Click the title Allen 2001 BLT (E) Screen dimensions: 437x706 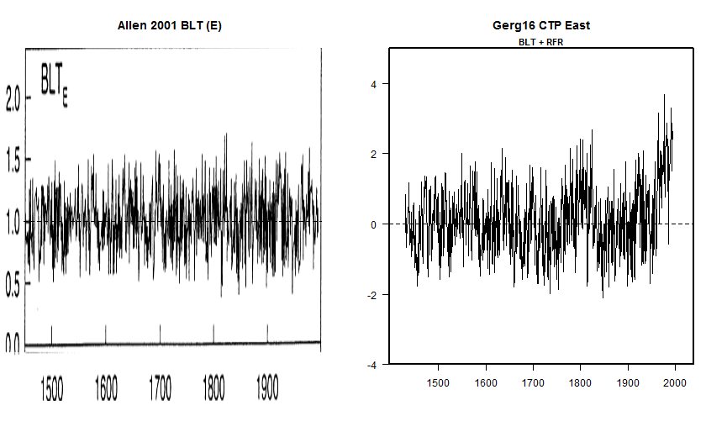point(169,26)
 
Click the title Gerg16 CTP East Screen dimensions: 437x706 point(541,25)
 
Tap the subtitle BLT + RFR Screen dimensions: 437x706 point(541,40)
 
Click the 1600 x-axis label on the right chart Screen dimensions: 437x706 point(485,383)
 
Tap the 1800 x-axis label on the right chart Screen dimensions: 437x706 point(580,383)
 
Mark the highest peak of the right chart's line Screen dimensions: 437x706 point(664,95)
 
